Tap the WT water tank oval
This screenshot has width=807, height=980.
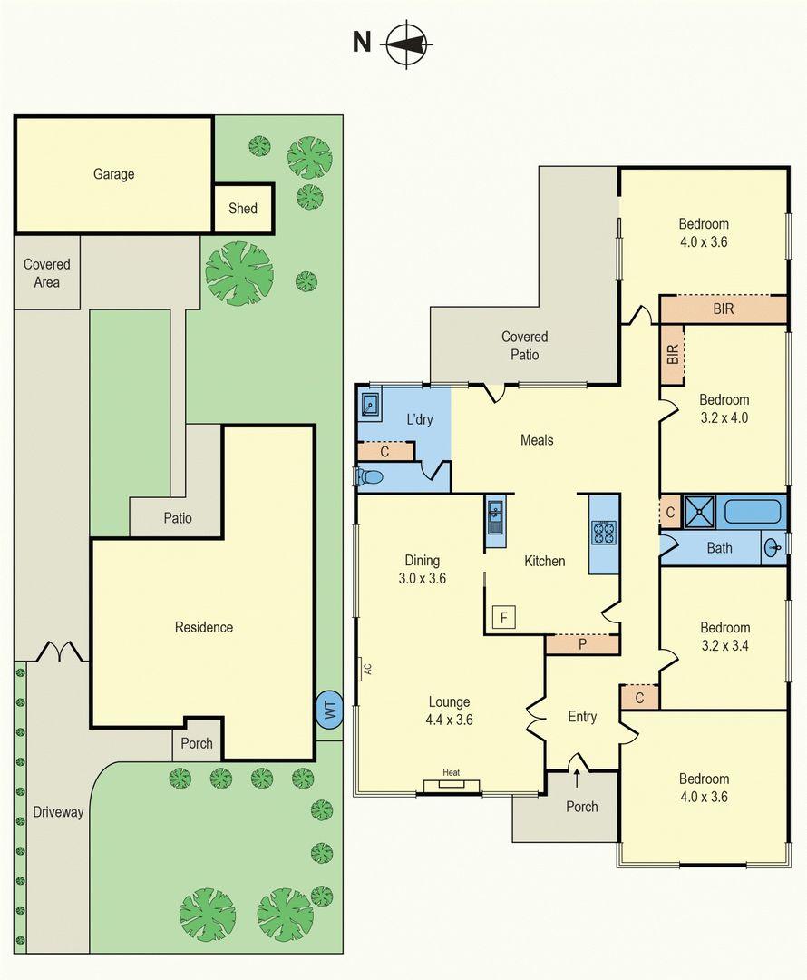tap(329, 710)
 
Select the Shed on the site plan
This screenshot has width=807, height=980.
tap(243, 208)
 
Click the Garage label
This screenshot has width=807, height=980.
tap(113, 174)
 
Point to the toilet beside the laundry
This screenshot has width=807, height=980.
tap(370, 477)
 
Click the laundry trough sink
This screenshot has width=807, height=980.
tap(371, 405)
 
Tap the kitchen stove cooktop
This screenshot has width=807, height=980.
tap(603, 534)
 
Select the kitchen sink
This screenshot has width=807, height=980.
tap(496, 516)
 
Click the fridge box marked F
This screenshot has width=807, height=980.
tap(503, 618)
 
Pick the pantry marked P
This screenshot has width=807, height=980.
tap(582, 644)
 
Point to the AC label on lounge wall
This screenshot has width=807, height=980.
tap(368, 668)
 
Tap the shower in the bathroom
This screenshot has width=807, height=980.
tap(699, 512)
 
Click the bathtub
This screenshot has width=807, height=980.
tap(753, 511)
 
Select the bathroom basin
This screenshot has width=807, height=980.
tap(773, 549)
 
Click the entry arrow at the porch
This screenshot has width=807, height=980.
tap(576, 779)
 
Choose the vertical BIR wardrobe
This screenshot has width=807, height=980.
tap(673, 355)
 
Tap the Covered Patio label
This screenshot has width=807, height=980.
tap(525, 346)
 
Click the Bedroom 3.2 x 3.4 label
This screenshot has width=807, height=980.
tap(724, 637)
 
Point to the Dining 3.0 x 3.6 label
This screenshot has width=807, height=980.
tap(423, 569)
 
